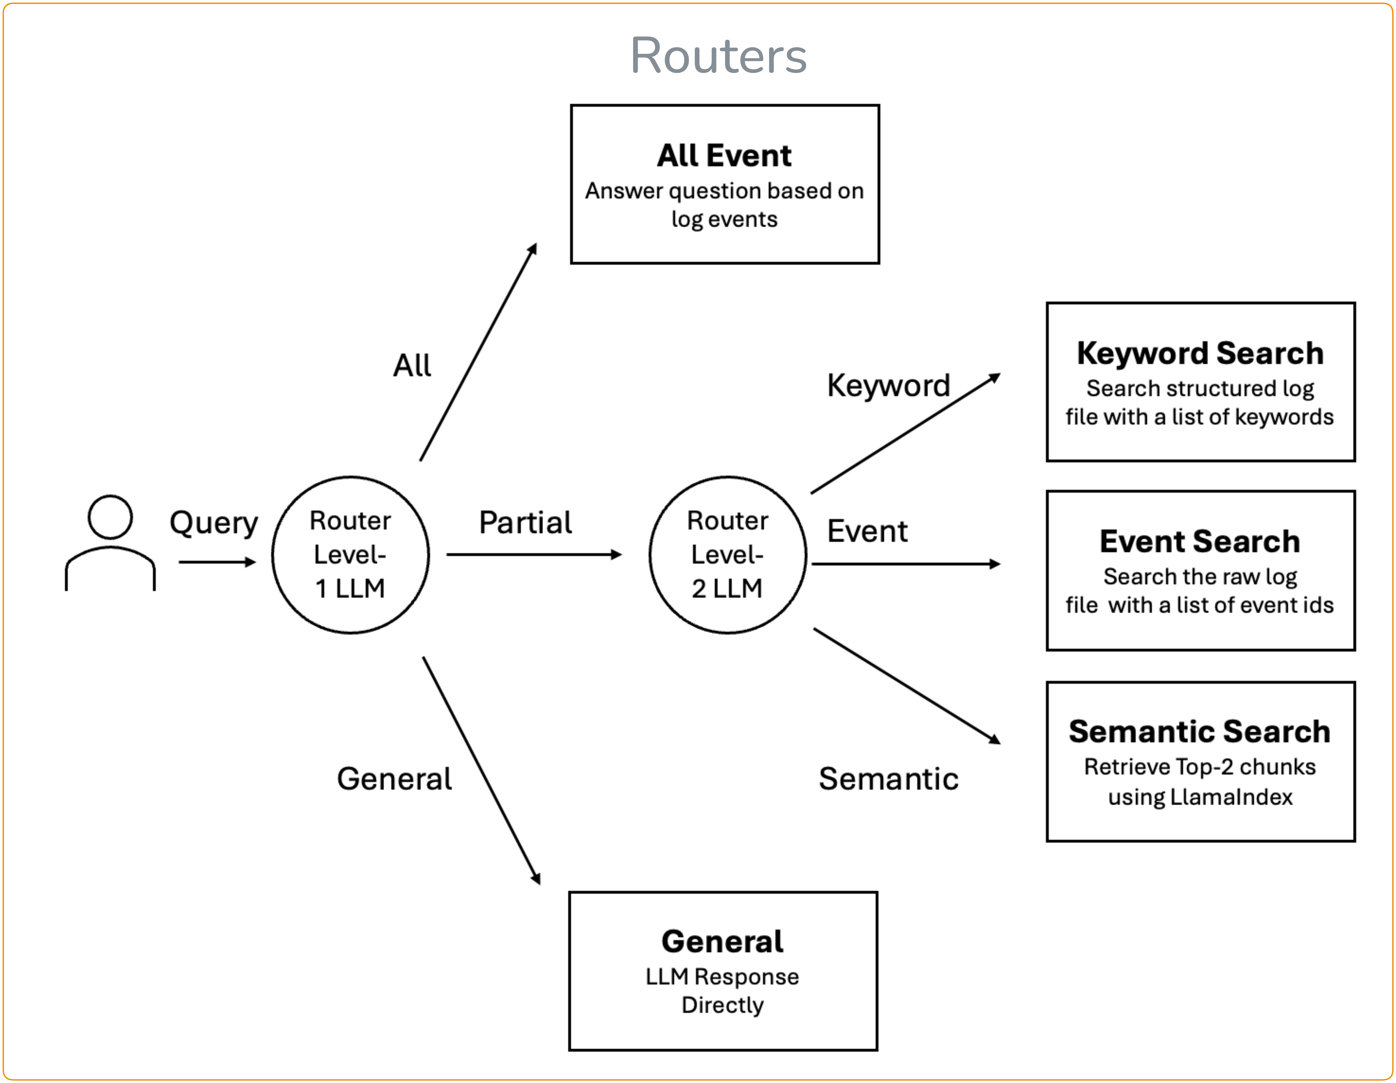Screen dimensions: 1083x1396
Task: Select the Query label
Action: click(214, 523)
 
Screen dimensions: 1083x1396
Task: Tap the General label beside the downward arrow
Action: click(394, 779)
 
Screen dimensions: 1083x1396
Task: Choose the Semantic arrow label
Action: click(889, 779)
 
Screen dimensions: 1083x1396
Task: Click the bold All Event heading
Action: click(724, 155)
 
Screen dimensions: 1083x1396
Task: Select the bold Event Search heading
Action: click(1200, 541)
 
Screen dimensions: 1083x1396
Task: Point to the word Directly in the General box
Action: click(722, 1005)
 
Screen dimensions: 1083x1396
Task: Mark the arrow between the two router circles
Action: click(534, 554)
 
